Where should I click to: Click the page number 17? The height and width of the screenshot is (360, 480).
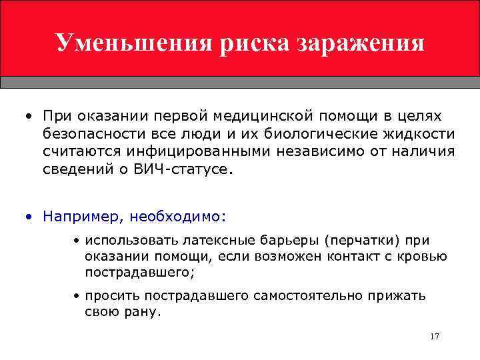[x=435, y=336]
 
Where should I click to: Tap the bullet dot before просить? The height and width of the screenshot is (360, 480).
[x=77, y=295]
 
